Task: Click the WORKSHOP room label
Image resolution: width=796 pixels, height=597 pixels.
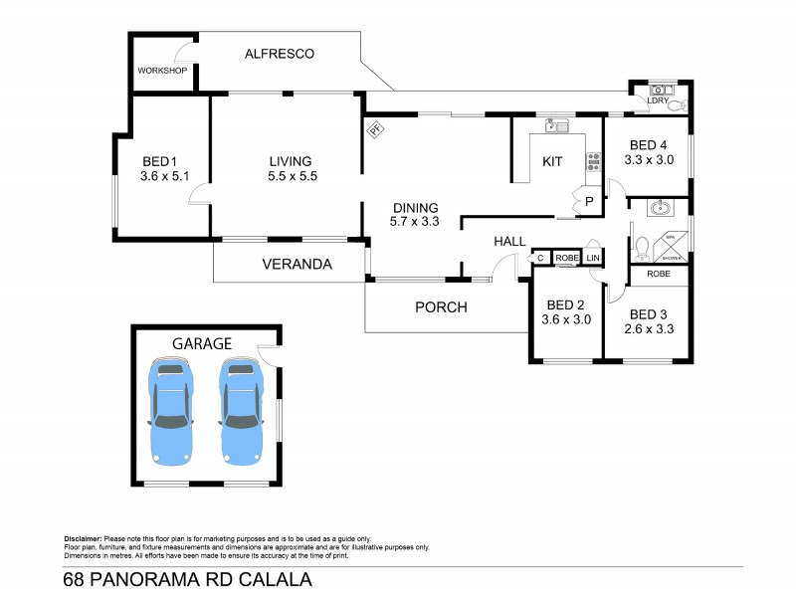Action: (x=162, y=71)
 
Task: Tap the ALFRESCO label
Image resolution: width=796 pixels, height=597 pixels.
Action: (x=279, y=54)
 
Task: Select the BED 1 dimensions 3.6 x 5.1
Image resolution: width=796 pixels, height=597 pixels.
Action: (x=164, y=177)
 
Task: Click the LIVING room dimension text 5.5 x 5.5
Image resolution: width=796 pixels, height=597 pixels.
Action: (x=290, y=177)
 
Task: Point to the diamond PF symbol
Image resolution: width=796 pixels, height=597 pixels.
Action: (x=375, y=129)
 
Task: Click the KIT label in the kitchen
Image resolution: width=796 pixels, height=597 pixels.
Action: (x=552, y=161)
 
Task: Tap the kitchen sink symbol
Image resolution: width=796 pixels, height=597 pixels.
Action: (x=555, y=126)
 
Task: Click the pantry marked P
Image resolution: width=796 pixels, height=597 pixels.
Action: (x=588, y=201)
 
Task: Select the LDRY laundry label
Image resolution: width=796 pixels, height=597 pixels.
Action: (x=657, y=101)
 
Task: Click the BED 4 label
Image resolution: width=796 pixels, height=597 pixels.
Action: (x=650, y=143)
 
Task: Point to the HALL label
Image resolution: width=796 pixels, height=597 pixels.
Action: (x=509, y=241)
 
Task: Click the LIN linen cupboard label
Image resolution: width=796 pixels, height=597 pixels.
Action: (x=593, y=258)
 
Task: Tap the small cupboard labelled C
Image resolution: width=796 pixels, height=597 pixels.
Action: (x=539, y=258)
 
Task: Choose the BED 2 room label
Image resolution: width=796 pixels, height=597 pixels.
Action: (x=566, y=304)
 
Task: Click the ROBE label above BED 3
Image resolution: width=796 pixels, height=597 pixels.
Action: (x=658, y=273)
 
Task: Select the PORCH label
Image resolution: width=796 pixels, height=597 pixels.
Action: (x=441, y=306)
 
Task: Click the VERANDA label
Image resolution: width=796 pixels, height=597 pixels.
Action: (x=297, y=265)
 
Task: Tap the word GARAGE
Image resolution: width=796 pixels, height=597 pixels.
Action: (x=202, y=343)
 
